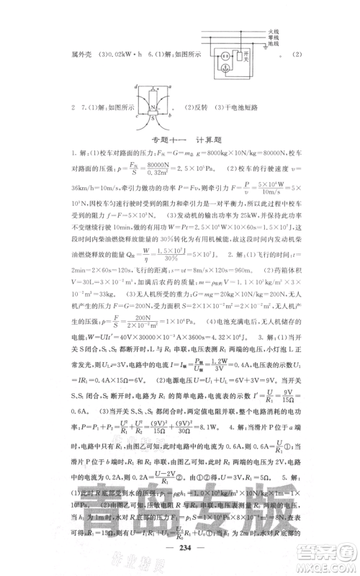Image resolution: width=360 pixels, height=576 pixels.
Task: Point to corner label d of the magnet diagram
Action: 135,86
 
